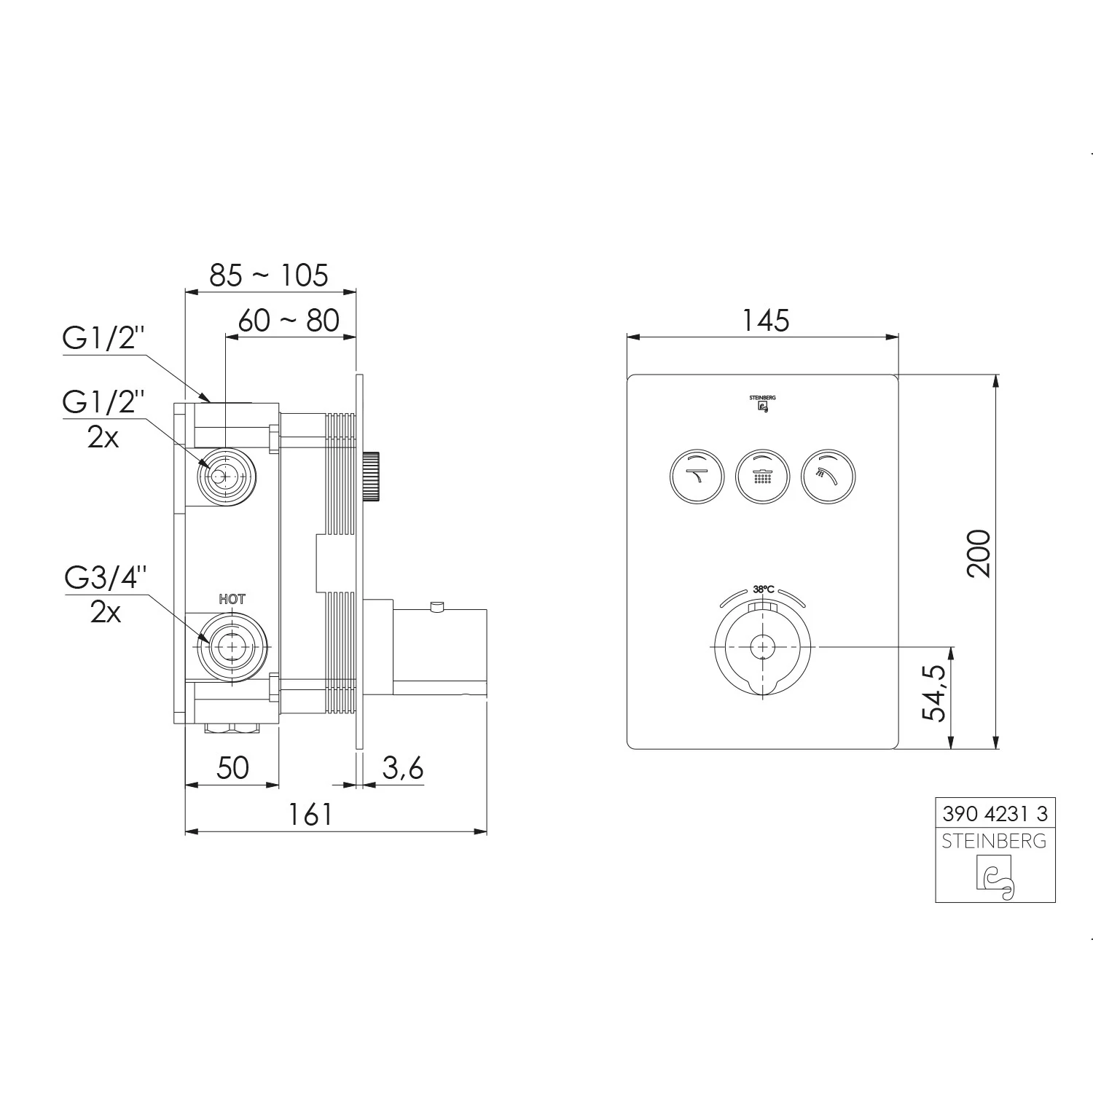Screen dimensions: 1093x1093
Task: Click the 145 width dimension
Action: [x=766, y=320]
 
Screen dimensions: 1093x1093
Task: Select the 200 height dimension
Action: [x=979, y=554]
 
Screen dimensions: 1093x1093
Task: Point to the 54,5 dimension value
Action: [x=933, y=693]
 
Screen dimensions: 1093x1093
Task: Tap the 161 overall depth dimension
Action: [x=311, y=814]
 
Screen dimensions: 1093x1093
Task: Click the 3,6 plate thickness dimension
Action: [x=401, y=767]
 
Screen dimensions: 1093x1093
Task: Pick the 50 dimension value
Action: [x=233, y=767]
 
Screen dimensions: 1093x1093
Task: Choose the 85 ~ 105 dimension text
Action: [x=269, y=275]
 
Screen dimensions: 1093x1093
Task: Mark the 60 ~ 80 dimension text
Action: [x=289, y=320]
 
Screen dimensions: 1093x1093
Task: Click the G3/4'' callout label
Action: [x=106, y=577]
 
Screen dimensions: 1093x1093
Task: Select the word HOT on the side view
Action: [x=232, y=599]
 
